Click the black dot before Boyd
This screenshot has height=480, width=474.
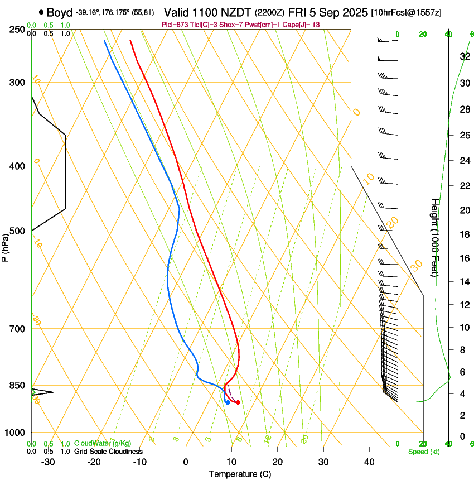pyautogui.click(x=42, y=12)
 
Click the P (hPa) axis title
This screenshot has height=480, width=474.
pyautogui.click(x=5, y=244)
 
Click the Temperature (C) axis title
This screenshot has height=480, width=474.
pyautogui.click(x=240, y=474)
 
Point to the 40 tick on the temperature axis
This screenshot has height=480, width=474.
pyautogui.click(x=369, y=462)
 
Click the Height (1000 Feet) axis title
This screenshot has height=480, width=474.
pyautogui.click(x=435, y=237)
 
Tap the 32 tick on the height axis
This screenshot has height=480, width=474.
pyautogui.click(x=463, y=56)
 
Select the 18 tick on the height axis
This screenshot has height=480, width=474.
pyautogui.click(x=463, y=234)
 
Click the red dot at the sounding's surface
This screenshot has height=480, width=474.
pyautogui.click(x=238, y=402)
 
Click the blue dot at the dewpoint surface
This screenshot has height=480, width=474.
pyautogui.click(x=228, y=402)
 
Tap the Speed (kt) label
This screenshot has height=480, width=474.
pyautogui.click(x=423, y=452)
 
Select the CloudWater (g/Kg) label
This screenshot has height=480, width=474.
pyautogui.click(x=103, y=443)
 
